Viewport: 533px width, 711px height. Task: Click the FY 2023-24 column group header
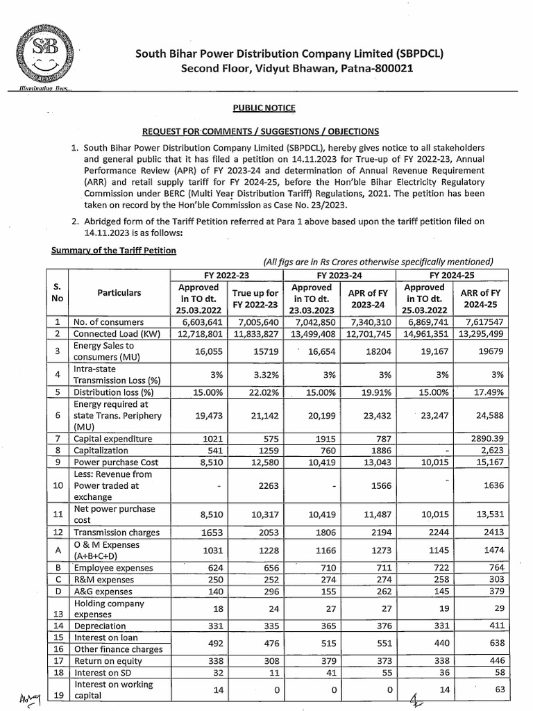point(340,274)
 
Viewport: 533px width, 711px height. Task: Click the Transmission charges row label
point(117,533)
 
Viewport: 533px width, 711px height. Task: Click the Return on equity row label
point(108,662)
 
